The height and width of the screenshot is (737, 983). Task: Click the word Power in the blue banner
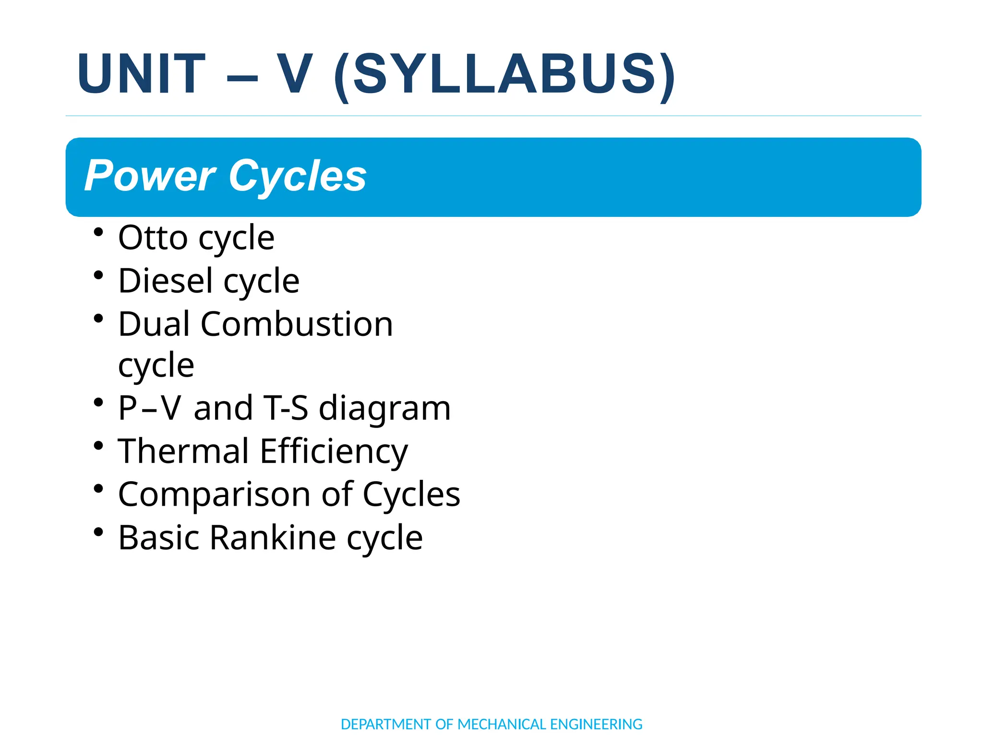coord(150,176)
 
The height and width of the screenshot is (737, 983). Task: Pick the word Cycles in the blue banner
coord(298,176)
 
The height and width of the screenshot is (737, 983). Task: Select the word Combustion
coord(297,324)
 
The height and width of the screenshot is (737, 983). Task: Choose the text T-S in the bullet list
coord(286,408)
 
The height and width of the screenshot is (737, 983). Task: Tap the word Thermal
coord(184,452)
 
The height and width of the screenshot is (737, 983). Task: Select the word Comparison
coord(214,495)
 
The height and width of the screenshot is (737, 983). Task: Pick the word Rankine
coord(273,537)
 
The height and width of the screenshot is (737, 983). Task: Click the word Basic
coord(158,537)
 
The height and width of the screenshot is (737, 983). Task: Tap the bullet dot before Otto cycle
coord(99,232)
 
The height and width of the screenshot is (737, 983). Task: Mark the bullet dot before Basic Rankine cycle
coord(99,532)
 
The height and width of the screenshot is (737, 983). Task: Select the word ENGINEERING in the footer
coord(596,724)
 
